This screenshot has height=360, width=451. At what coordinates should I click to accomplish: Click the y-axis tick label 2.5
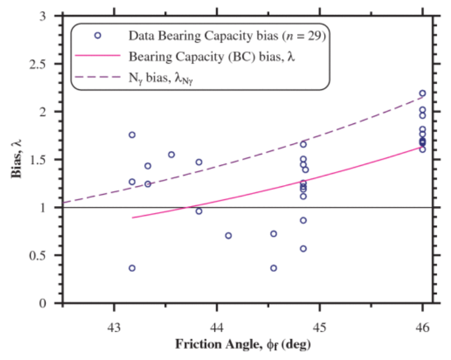(x=46, y=64)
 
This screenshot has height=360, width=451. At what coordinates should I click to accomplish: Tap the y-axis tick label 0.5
(x=46, y=256)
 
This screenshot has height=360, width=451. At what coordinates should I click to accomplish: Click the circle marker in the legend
(x=98, y=35)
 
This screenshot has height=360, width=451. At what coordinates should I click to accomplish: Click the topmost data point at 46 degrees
(x=422, y=93)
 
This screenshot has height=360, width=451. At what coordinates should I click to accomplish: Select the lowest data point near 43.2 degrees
(x=132, y=268)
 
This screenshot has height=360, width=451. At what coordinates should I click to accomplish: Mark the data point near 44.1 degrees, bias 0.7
(x=228, y=235)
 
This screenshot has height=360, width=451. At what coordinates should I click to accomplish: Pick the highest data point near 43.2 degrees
(x=132, y=135)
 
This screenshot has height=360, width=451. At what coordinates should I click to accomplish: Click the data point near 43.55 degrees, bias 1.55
(x=171, y=155)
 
